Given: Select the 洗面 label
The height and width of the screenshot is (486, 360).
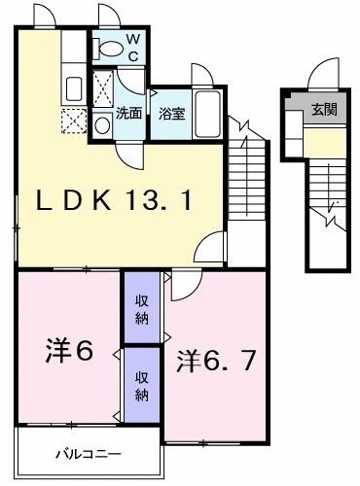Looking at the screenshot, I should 128,113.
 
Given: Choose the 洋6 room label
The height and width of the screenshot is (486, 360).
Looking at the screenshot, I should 68,350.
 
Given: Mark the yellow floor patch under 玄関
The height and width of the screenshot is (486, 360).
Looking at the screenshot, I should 324,144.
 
